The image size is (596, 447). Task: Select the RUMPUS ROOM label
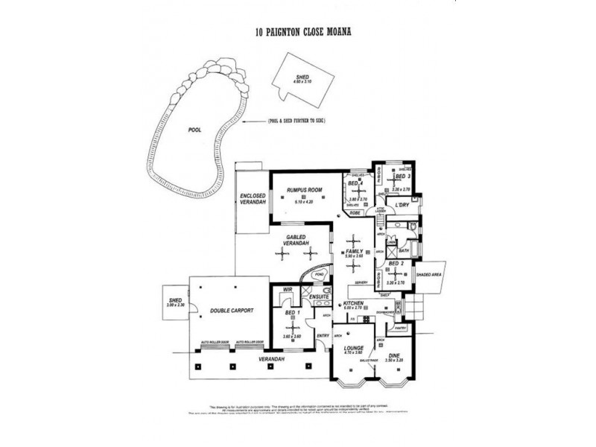(x=305, y=191)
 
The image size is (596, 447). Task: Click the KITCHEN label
(x=353, y=304)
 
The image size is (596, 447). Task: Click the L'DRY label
(x=402, y=204)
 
